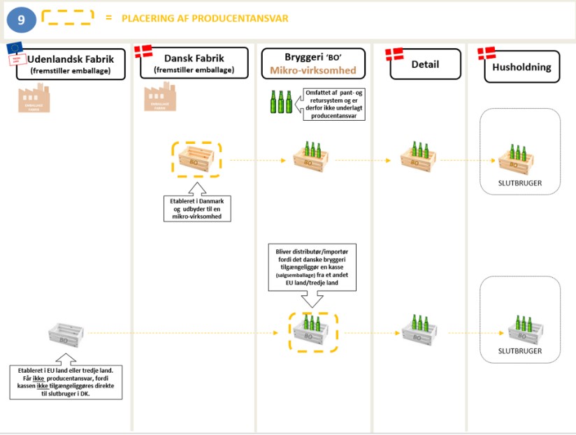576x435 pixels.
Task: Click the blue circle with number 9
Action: coord(22,20)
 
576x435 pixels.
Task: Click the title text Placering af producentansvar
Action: coord(205,18)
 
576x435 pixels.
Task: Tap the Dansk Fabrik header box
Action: coord(199,64)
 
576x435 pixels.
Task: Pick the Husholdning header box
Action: coord(521,67)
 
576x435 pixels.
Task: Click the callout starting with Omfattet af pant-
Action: coord(334,103)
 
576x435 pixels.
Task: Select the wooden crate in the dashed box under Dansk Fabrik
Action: coord(196,160)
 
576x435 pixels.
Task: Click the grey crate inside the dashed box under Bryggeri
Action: coord(312,331)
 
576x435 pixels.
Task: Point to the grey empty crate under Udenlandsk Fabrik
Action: coord(68,332)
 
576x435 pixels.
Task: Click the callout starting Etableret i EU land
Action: coord(66,381)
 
